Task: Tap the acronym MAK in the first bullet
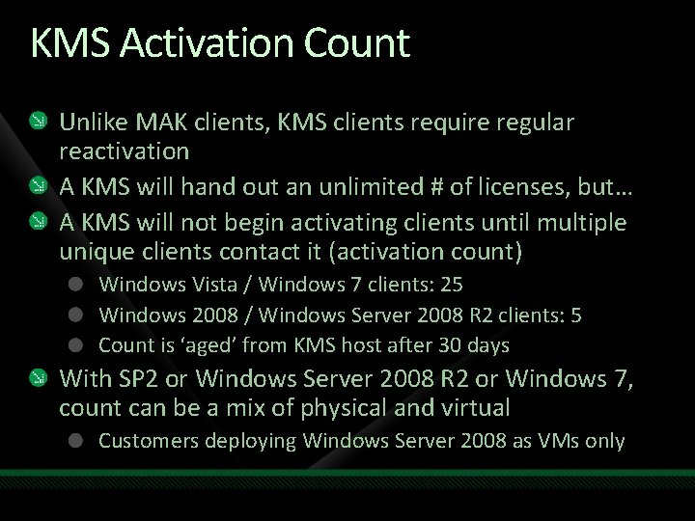(155, 123)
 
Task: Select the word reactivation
(124, 151)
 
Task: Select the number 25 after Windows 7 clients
(451, 286)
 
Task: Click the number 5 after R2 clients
(575, 315)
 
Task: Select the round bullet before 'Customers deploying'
(75, 442)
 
